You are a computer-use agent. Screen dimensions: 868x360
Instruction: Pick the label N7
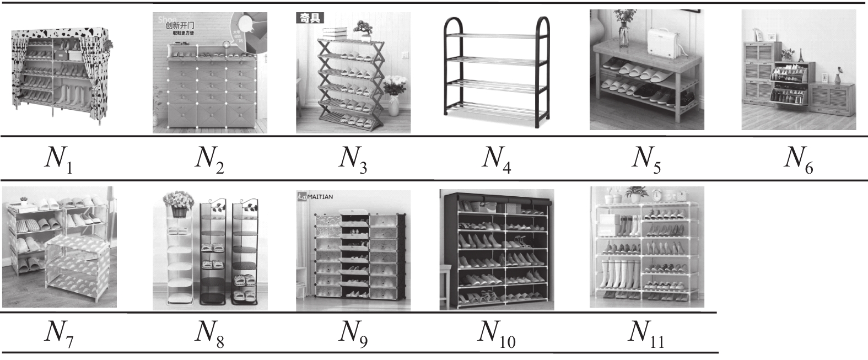pyautogui.click(x=58, y=333)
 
